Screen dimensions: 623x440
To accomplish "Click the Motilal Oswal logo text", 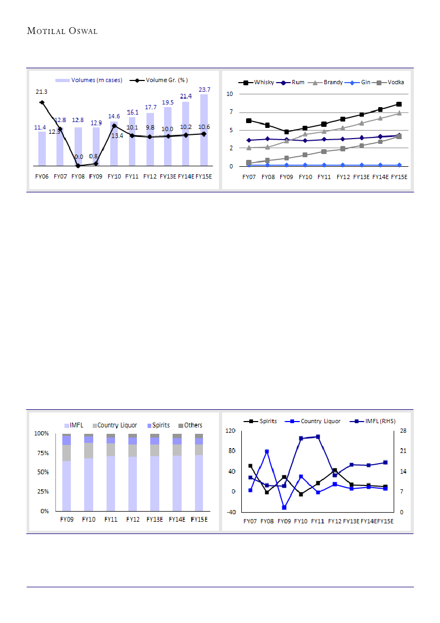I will coord(62,31).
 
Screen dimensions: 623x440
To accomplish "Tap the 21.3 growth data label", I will coord(42,92).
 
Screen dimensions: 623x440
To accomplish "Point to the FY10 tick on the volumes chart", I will coord(114,176).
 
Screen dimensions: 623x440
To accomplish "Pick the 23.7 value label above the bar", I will coord(204,89).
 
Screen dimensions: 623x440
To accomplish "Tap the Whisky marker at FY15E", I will coord(398,104).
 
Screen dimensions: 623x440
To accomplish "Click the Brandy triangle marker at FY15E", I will coord(398,113).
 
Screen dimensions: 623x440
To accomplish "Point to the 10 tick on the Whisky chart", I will coord(230,94).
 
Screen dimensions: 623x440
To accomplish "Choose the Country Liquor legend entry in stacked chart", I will coord(117,425).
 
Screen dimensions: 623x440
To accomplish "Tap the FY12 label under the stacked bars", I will coord(133,519).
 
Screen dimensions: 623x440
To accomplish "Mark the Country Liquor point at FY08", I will coord(267,451).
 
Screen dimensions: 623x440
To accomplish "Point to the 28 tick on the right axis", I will coord(403,431).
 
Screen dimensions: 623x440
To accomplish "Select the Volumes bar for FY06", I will coord(42,148).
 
